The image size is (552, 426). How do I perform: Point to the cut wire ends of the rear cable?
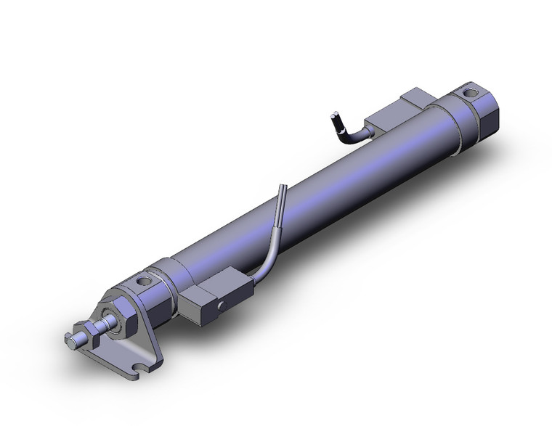click(334, 115)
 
